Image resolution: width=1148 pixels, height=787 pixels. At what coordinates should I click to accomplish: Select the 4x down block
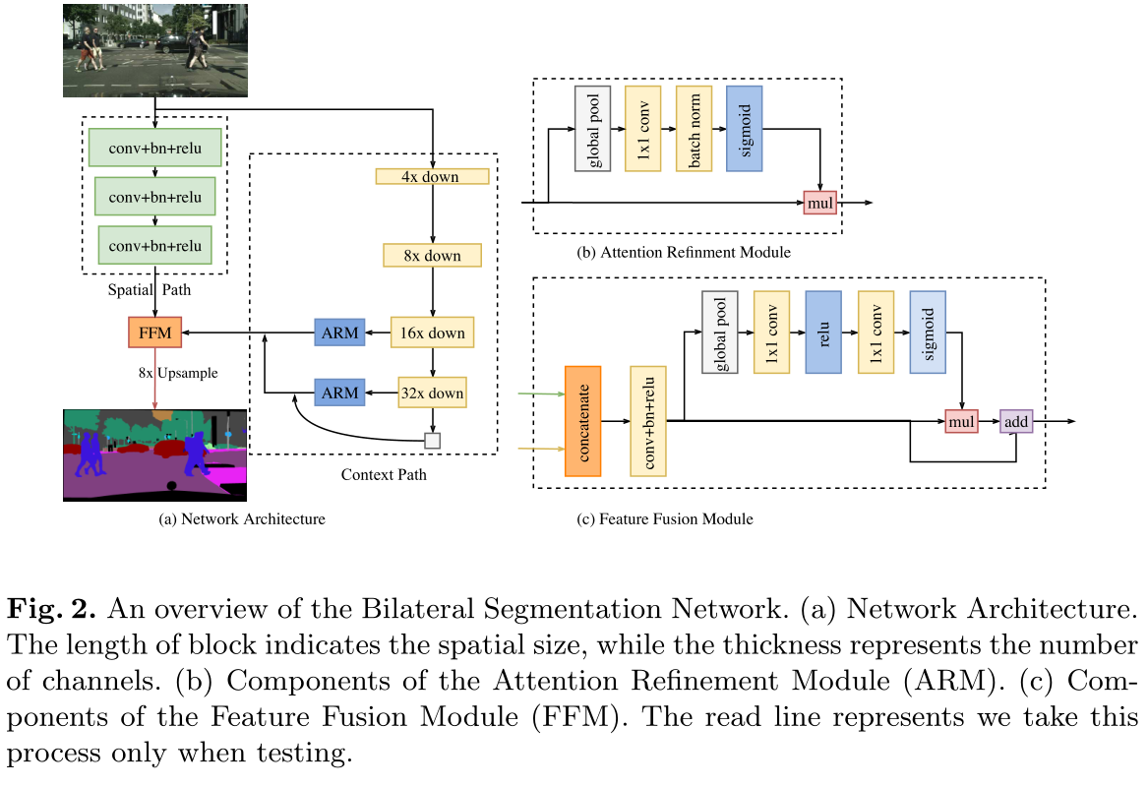[x=433, y=177]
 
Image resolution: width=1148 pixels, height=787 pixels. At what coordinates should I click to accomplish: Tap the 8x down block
[x=433, y=256]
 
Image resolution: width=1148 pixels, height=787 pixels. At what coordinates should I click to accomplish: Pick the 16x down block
[x=433, y=333]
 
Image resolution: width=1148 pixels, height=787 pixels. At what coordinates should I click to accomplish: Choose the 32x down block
[x=433, y=393]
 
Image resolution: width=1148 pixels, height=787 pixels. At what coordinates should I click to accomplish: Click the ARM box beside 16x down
[x=339, y=333]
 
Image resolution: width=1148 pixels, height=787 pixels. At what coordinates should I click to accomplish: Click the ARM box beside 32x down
[x=339, y=393]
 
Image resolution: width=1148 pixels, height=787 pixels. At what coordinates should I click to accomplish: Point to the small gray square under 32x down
[x=432, y=441]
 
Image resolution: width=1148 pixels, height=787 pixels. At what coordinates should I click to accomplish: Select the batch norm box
[x=695, y=128]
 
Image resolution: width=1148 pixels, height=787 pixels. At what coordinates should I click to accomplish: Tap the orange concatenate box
[x=583, y=421]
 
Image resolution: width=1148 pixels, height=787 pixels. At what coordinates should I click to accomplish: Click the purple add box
[x=1015, y=421]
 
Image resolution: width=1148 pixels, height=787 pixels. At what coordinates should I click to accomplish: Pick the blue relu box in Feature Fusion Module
[x=822, y=332]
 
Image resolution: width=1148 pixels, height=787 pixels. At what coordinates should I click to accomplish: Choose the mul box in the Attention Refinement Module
[x=819, y=203]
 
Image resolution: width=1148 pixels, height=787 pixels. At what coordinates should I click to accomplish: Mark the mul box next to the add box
[x=961, y=421]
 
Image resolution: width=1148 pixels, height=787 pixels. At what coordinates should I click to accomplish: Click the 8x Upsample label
[x=178, y=373]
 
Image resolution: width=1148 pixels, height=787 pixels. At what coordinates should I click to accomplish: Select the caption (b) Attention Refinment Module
[x=684, y=253]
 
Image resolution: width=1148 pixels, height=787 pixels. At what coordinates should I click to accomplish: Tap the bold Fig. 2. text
[x=51, y=609]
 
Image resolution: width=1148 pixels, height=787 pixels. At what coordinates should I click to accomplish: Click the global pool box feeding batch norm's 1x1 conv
[x=593, y=128]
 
